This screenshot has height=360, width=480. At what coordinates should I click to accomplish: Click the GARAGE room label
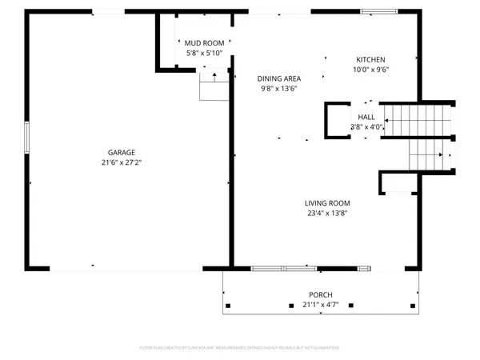click(x=122, y=152)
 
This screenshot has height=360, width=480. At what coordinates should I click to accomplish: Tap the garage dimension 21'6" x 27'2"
click(x=122, y=162)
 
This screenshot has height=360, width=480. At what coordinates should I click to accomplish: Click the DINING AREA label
click(x=279, y=78)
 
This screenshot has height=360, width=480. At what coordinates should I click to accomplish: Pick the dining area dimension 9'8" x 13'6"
click(x=279, y=88)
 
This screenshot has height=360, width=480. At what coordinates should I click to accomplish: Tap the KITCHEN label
click(x=371, y=60)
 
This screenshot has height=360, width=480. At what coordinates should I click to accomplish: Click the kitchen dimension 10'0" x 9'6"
click(x=371, y=70)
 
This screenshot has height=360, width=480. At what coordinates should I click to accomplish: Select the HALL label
click(x=366, y=117)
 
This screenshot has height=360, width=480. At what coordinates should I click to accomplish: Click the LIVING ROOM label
click(x=328, y=203)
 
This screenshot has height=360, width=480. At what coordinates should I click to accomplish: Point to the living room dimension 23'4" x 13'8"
click(x=328, y=213)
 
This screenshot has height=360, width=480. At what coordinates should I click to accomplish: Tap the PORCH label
click(x=321, y=294)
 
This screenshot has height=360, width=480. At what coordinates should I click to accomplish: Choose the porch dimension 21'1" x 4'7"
click(x=321, y=304)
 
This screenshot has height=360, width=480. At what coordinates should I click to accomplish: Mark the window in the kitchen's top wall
click(x=374, y=11)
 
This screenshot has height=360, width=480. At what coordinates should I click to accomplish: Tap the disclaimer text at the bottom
click(x=240, y=348)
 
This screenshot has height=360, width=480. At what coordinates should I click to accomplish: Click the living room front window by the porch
click(x=284, y=267)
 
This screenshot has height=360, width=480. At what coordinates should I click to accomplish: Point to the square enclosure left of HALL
click(x=336, y=119)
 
